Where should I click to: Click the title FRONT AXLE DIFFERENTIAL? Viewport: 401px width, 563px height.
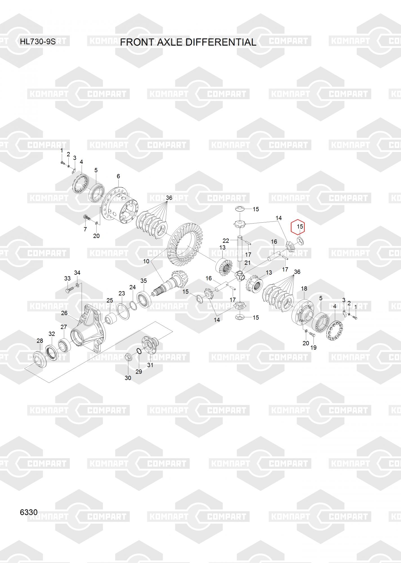188,42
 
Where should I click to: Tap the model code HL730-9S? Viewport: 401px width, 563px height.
38,42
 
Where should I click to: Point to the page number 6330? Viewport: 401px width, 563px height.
29,512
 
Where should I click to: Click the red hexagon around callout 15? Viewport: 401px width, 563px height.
298,227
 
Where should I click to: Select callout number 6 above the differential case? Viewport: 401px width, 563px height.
118,176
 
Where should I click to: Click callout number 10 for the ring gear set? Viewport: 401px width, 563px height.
146,261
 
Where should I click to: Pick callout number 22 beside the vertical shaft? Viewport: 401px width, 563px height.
226,241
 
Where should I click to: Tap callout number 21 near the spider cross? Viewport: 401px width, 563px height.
247,263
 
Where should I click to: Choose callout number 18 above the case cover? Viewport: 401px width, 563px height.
304,289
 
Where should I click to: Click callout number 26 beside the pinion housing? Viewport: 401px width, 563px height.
64,313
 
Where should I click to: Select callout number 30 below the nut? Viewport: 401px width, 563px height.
128,378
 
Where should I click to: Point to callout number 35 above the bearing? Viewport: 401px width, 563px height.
144,281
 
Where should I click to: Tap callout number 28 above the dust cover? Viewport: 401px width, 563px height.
40,341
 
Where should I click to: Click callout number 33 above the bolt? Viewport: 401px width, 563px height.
67,278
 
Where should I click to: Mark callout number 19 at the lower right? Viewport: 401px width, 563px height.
313,348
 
